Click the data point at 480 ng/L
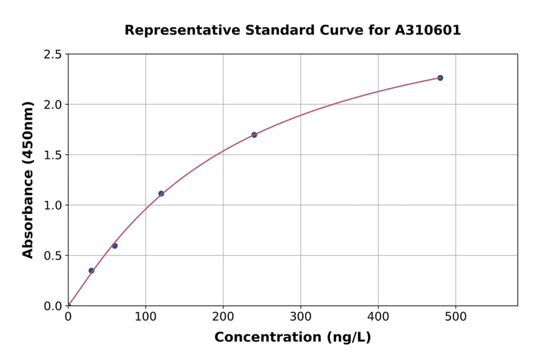point(440,78)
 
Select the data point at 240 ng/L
point(254,135)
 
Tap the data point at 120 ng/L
point(161,193)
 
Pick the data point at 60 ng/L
point(114,245)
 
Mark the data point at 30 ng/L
point(91,270)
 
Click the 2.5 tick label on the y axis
point(53,55)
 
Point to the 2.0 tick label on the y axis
point(53,105)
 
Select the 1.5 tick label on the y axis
point(53,155)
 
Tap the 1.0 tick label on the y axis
point(53,205)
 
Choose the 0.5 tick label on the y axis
point(53,256)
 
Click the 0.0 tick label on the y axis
point(53,306)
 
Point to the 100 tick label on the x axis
point(145,316)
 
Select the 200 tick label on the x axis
point(223,316)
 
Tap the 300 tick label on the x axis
point(300,316)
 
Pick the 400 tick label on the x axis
point(378,316)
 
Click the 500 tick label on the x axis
point(455,316)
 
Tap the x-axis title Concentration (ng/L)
point(292,338)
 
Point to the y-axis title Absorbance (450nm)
point(28,180)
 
